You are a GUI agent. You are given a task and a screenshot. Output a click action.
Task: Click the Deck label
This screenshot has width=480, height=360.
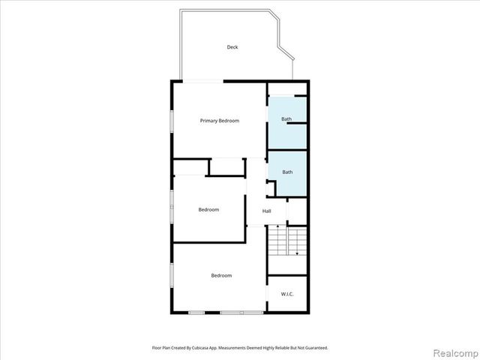232,47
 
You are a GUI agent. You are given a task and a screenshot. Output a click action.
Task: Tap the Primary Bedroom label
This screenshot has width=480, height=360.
219,121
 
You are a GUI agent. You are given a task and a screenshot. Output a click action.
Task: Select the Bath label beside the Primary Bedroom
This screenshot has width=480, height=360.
286,119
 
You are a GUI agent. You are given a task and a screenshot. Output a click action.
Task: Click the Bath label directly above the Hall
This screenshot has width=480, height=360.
287,172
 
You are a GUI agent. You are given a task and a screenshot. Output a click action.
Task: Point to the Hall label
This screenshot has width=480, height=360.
266,211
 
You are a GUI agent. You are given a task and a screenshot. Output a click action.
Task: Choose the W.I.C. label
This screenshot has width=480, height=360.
287,294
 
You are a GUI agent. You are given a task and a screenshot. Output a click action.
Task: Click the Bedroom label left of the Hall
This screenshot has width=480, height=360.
208,209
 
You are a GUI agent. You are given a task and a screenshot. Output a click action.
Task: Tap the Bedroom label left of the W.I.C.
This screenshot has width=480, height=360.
221,275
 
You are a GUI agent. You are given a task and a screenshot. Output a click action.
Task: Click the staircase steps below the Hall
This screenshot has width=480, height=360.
287,242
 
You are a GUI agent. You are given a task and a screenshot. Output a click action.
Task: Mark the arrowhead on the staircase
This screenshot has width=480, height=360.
298,253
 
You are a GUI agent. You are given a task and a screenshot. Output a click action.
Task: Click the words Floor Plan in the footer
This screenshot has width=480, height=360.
160,348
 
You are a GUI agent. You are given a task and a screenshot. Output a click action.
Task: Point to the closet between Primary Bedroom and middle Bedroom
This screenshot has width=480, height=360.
226,166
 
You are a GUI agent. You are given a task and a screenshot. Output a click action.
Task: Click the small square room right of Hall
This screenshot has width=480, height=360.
298,211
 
